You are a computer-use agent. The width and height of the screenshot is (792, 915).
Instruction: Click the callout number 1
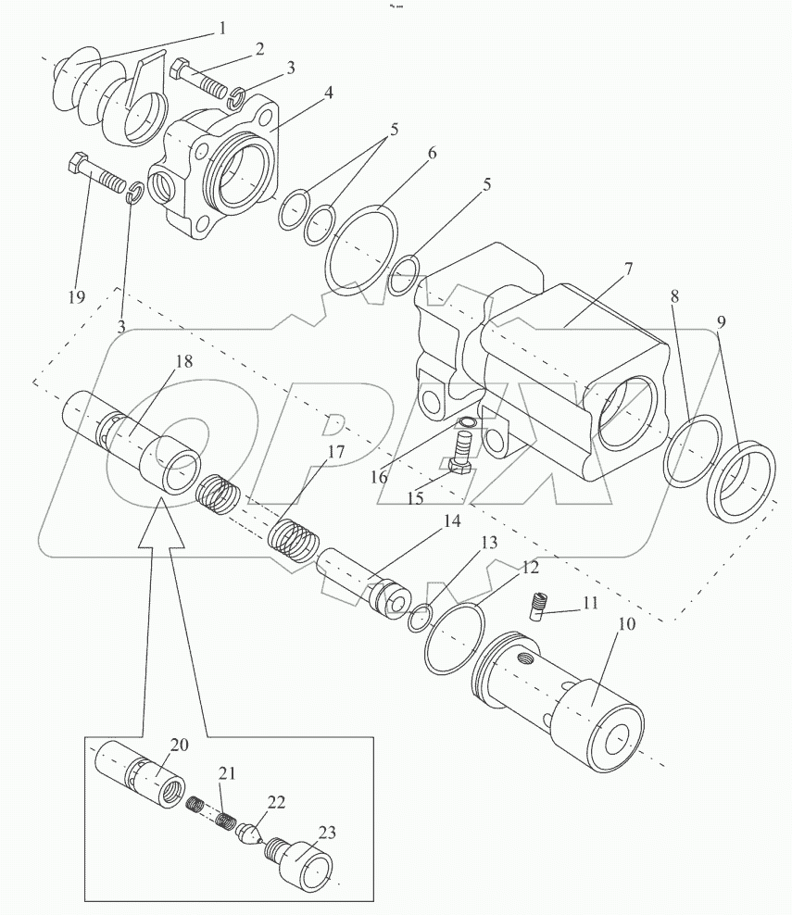tap(221, 29)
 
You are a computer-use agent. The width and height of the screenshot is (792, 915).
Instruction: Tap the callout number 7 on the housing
tap(628, 269)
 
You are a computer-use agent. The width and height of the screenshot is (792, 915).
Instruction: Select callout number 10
tap(626, 624)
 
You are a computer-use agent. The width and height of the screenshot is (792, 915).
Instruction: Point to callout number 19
tap(77, 297)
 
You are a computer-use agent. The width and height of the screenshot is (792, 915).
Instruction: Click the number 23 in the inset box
tap(327, 833)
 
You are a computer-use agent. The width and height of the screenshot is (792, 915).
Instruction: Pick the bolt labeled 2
tap(198, 81)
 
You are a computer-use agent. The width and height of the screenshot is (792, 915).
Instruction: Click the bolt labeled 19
tap(98, 172)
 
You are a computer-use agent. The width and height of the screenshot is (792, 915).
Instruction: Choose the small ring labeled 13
tap(420, 618)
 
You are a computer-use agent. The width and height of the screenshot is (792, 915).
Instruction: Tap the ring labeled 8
tap(693, 450)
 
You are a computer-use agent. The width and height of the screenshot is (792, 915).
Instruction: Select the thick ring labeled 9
tap(741, 482)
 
